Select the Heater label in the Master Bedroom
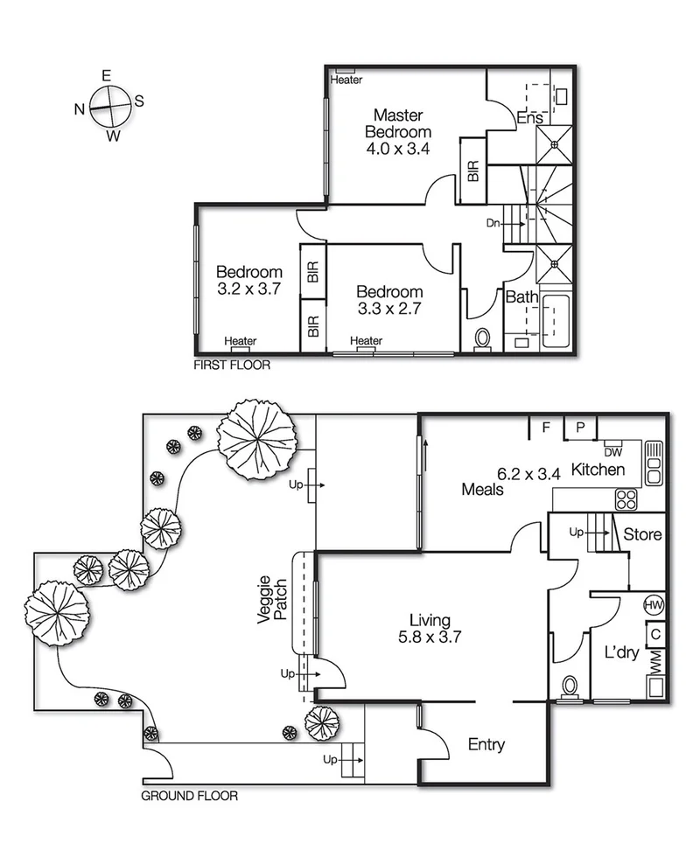point(346,80)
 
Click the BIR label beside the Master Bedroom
point(473,171)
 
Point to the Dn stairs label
point(493,223)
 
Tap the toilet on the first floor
point(482,339)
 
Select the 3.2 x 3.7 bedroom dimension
point(249,289)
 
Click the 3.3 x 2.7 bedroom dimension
point(390,309)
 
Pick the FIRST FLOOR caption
point(232,366)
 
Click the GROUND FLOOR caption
point(189,797)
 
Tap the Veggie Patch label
point(273,599)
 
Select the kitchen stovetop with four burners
point(627,498)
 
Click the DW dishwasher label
point(612,452)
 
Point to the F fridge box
point(546,428)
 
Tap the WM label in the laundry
point(654,662)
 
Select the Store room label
point(641,534)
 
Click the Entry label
point(486,745)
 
